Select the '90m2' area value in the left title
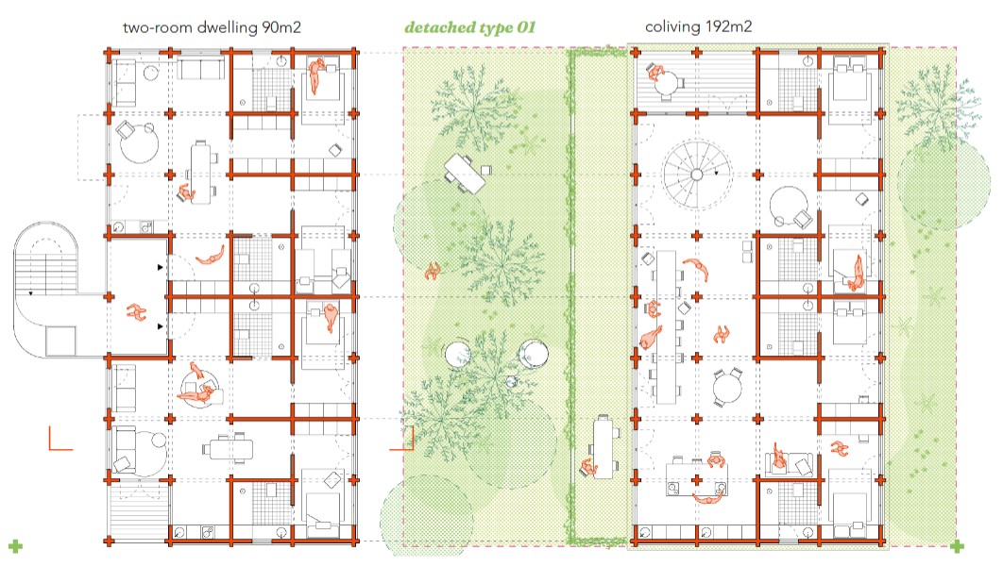click(x=281, y=27)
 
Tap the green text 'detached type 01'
click(x=469, y=27)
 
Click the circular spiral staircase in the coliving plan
click(x=697, y=175)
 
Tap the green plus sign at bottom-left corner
click(x=15, y=546)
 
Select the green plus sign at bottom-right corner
click(x=957, y=546)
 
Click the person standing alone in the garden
click(x=433, y=271)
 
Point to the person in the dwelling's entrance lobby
click(x=136, y=312)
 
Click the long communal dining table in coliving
click(x=667, y=327)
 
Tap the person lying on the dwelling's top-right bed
click(x=316, y=75)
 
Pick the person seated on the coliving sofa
click(x=778, y=457)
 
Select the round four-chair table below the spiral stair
click(x=728, y=387)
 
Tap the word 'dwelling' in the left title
click(x=227, y=27)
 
